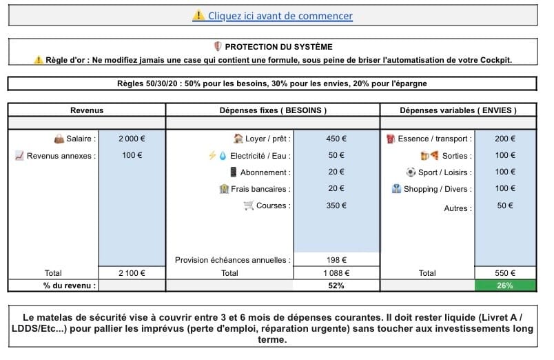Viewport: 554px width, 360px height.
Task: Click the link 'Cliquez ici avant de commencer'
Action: click(x=280, y=16)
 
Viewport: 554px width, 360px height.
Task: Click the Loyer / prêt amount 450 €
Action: click(x=336, y=139)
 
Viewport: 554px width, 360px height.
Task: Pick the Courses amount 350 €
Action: click(x=336, y=205)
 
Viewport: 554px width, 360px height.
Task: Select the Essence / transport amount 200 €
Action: click(x=505, y=139)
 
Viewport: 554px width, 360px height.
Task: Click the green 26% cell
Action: click(x=505, y=286)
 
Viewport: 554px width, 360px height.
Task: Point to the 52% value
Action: click(x=336, y=286)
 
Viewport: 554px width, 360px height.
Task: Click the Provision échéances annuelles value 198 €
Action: click(x=336, y=260)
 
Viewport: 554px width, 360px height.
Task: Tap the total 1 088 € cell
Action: click(x=336, y=273)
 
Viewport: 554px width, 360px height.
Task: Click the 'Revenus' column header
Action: click(x=87, y=110)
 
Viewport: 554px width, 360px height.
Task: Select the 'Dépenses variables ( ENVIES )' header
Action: click(x=458, y=110)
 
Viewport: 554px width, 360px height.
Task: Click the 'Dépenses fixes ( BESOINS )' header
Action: click(x=273, y=110)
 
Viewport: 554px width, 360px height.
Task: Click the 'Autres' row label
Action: click(x=458, y=208)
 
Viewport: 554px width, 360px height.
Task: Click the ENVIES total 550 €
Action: click(x=505, y=273)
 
